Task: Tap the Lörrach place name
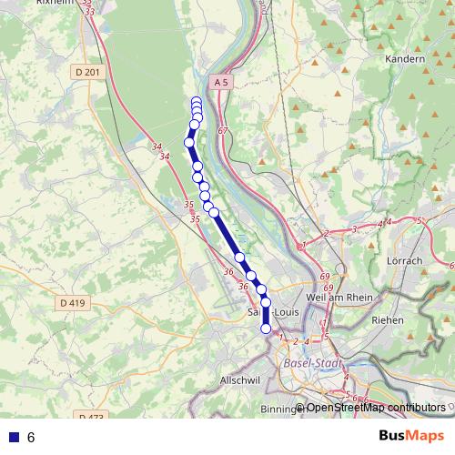405,260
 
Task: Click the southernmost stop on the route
266,329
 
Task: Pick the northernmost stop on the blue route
197,102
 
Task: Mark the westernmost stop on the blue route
190,142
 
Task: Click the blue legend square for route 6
14,438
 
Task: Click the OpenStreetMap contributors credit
375,408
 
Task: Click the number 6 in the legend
31,438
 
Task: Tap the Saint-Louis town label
266,313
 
